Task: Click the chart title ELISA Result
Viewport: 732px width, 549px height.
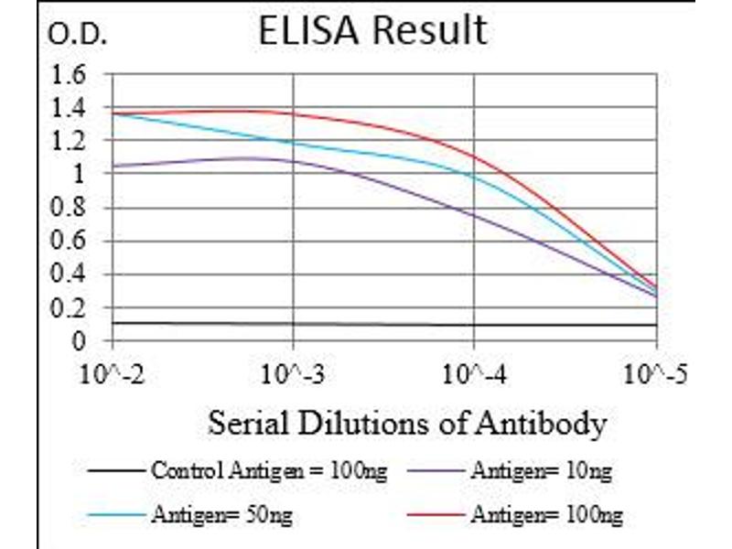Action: tap(372, 30)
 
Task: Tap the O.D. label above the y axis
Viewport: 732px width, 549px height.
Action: tap(79, 36)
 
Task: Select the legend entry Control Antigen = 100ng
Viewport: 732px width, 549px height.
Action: tap(268, 472)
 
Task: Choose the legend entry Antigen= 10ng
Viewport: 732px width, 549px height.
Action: tap(541, 472)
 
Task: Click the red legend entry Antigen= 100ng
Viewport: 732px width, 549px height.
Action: tap(546, 517)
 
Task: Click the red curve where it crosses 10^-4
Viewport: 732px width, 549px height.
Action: tap(474, 156)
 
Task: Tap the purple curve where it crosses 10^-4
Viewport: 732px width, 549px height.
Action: tap(474, 215)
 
